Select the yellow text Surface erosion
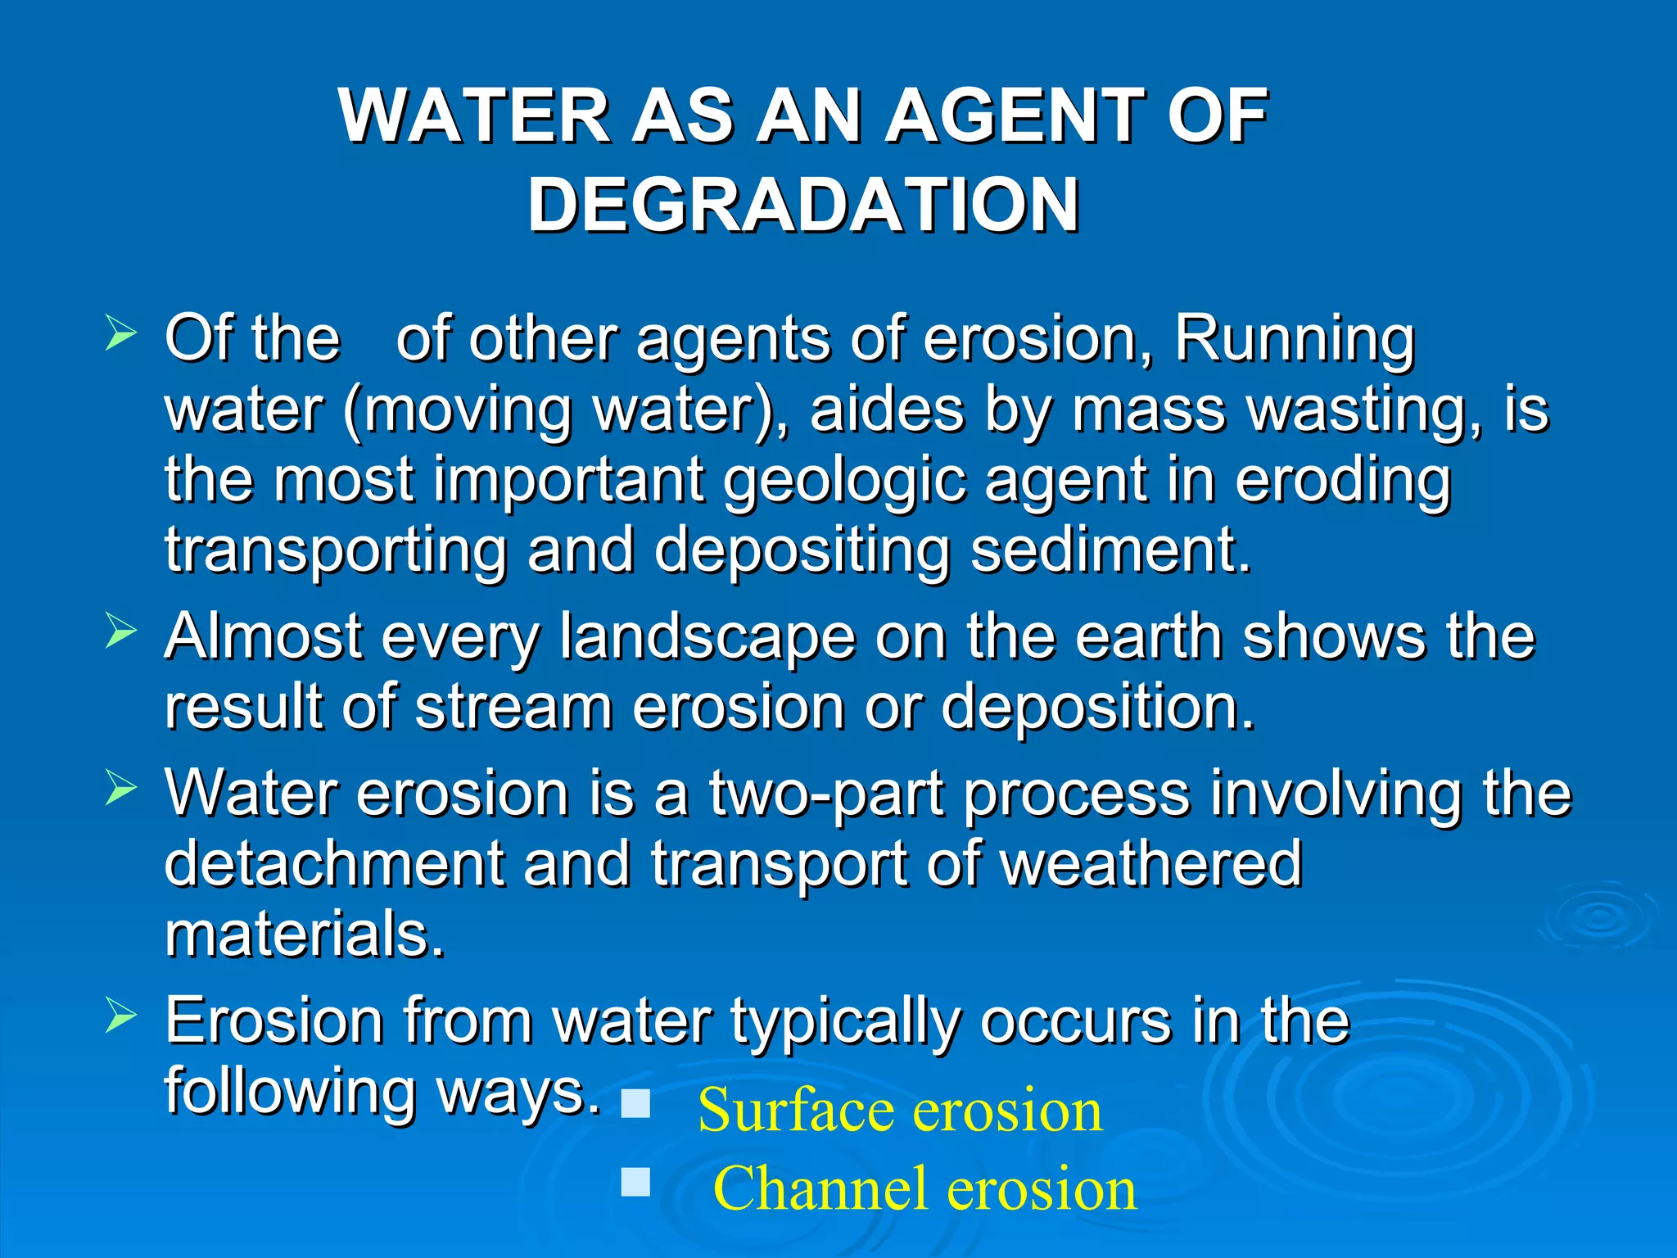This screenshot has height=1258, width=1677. [x=900, y=1111]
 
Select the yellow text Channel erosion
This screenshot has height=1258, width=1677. [x=924, y=1188]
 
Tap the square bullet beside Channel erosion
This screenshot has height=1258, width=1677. [x=635, y=1182]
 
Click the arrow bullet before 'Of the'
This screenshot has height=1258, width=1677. [x=120, y=335]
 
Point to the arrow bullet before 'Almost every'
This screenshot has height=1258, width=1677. [x=120, y=632]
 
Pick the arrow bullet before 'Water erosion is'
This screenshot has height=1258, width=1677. [x=120, y=790]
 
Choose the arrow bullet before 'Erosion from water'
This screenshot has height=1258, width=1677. [x=120, y=1016]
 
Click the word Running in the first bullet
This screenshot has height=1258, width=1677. [x=1294, y=339]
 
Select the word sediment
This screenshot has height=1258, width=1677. [x=1110, y=550]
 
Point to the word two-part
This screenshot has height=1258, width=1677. [x=826, y=794]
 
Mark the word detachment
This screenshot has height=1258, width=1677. [x=334, y=863]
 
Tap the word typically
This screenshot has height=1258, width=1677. [x=844, y=1023]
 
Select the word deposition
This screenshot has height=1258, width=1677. [x=1097, y=707]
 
